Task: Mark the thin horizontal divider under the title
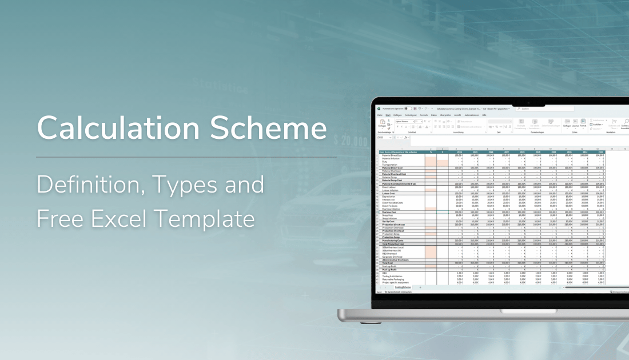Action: tap(186, 157)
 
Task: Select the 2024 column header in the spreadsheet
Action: tap(459, 152)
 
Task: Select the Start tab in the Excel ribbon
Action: tap(387, 115)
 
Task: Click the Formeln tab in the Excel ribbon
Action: tap(424, 115)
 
